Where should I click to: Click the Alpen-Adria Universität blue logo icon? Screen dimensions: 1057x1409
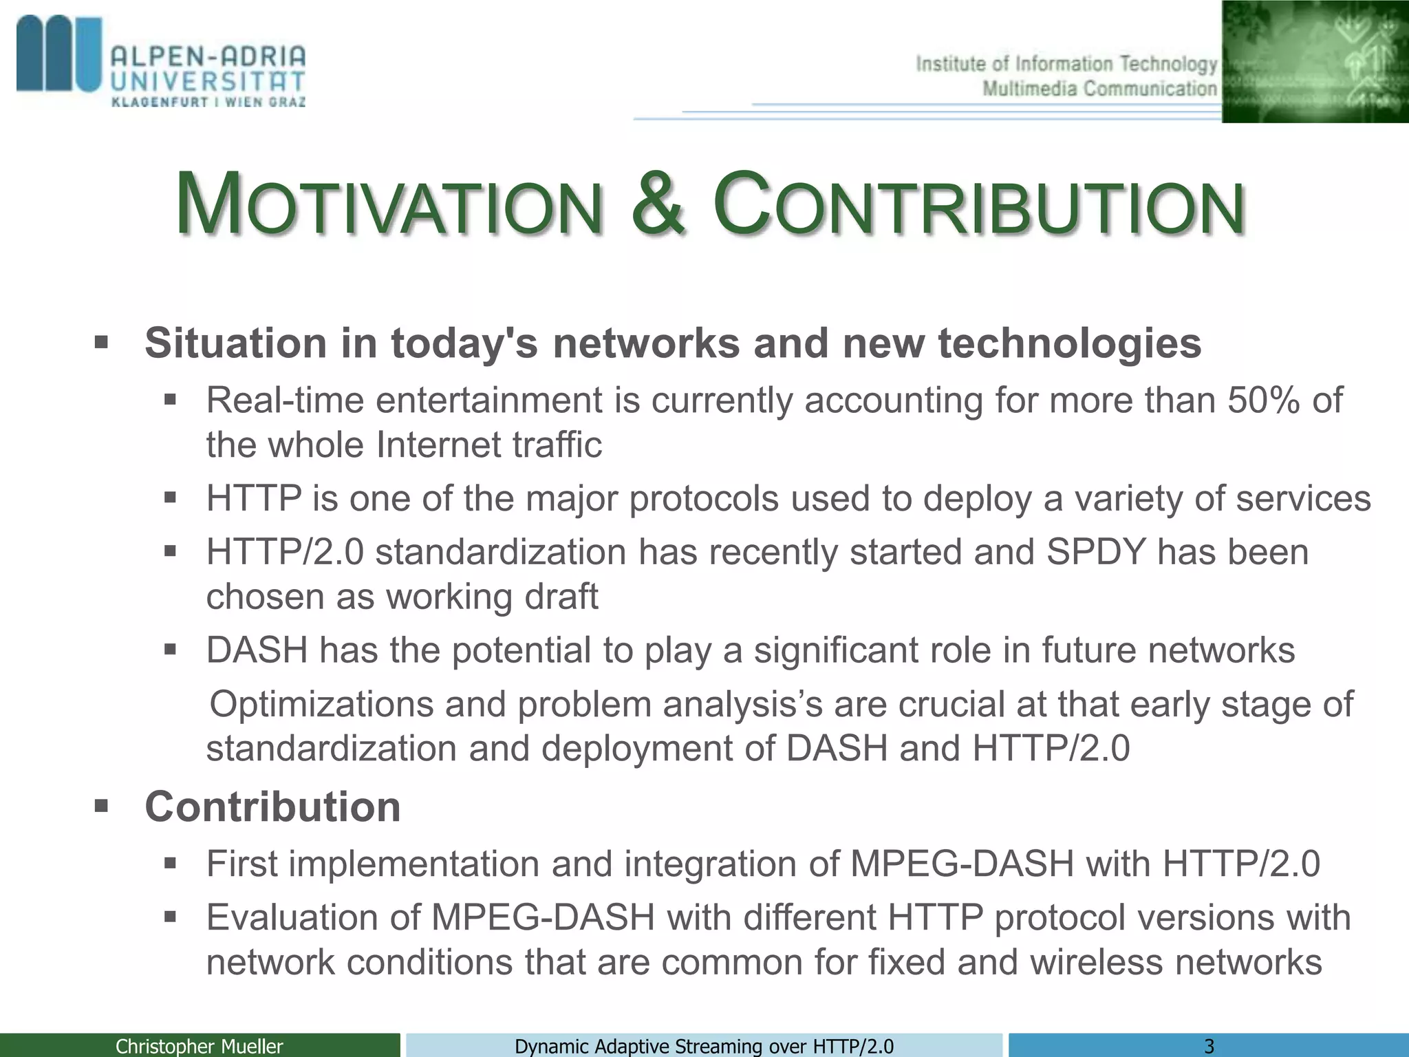click(58, 55)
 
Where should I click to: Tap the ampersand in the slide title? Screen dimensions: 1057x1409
click(658, 204)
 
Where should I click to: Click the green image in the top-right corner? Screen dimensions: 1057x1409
click(1314, 62)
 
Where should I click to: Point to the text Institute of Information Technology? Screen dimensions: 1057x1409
click(1066, 65)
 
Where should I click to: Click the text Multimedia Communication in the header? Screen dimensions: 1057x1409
click(1099, 89)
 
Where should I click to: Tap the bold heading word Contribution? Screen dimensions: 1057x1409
click(272, 807)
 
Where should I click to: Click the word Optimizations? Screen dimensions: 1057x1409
click(321, 705)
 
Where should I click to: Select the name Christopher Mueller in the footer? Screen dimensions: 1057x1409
click(199, 1046)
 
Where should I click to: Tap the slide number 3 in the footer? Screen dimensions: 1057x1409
click(1209, 1046)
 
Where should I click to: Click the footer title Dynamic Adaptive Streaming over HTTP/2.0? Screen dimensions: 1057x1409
click(704, 1046)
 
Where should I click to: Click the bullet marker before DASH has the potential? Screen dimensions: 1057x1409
click(171, 650)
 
